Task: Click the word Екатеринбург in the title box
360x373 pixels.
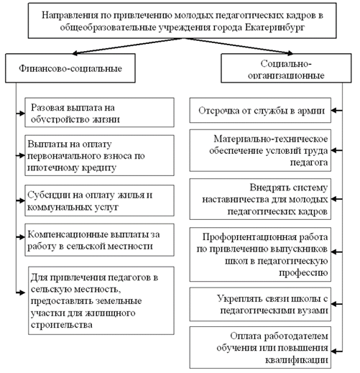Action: coord(274,27)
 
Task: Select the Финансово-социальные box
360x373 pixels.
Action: coord(70,68)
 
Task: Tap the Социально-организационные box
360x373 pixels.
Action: coord(286,68)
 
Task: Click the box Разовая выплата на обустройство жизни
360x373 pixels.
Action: coord(99,112)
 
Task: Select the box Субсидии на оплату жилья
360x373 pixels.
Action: coord(99,201)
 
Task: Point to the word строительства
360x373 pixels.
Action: coord(62,325)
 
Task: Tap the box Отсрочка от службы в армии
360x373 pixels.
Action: coord(260,110)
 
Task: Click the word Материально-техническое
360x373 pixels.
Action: coord(271,139)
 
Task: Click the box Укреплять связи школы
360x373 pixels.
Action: coord(260,304)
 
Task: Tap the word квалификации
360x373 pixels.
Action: coord(296,360)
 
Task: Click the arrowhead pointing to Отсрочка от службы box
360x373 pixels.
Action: coord(334,111)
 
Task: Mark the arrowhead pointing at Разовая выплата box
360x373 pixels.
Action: coord(22,113)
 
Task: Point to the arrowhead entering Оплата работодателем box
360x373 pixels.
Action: coord(334,351)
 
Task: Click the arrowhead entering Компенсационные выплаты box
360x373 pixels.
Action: coord(22,237)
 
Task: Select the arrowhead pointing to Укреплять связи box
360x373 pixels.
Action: coord(334,304)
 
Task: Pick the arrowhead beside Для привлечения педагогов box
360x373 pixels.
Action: coord(22,293)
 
